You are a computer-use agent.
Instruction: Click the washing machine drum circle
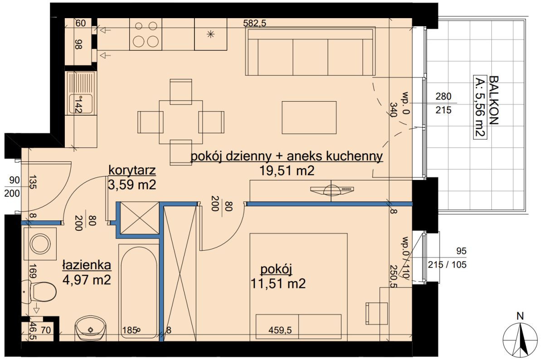pos(40,244)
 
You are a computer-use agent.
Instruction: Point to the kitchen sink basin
pos(81,104)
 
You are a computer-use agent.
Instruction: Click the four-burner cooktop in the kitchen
pos(146,34)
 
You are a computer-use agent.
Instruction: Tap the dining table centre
pos(181,122)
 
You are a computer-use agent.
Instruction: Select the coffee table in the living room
pos(309,117)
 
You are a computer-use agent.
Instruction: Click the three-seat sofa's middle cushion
pos(311,57)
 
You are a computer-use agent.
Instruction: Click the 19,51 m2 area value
pos(287,171)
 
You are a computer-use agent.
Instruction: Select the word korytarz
pos(132,170)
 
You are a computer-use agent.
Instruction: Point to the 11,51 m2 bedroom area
pos(278,284)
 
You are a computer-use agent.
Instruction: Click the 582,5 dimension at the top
pos(255,23)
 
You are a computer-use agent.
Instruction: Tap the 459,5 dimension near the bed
pos(280,330)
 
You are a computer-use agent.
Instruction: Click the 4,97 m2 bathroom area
pos(87,280)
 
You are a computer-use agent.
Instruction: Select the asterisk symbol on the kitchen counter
pos(210,34)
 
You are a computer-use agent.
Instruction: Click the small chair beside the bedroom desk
pos(377,314)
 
